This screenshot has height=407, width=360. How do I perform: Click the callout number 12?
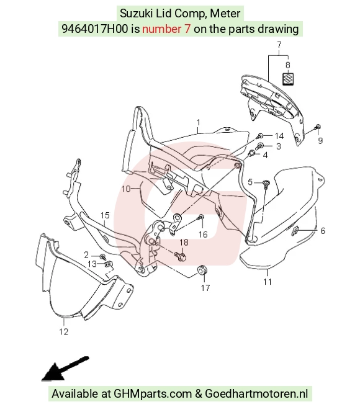click(64, 331)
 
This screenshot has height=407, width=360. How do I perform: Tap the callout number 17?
click(205, 288)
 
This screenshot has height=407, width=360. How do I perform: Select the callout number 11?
click(268, 282)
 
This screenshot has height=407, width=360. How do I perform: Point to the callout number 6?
click(323, 231)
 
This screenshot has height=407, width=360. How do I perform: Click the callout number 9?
click(320, 140)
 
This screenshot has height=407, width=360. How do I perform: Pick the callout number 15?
click(105, 215)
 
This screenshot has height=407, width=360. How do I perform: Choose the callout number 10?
click(126, 189)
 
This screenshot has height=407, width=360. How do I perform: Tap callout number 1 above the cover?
click(199, 122)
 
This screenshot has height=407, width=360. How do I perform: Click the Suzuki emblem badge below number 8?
click(288, 78)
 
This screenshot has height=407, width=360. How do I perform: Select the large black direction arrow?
click(65, 369)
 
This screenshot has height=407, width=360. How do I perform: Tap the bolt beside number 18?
click(181, 256)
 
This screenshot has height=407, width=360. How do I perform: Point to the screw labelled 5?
click(266, 184)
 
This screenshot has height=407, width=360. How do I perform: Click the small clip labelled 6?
click(295, 230)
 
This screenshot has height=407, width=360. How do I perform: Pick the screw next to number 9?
click(317, 127)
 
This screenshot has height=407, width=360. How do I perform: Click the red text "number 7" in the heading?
click(166, 29)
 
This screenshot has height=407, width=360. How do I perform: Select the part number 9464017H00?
click(95, 29)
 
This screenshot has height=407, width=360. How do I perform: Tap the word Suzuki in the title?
click(137, 14)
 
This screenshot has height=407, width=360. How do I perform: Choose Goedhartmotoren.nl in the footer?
click(256, 394)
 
